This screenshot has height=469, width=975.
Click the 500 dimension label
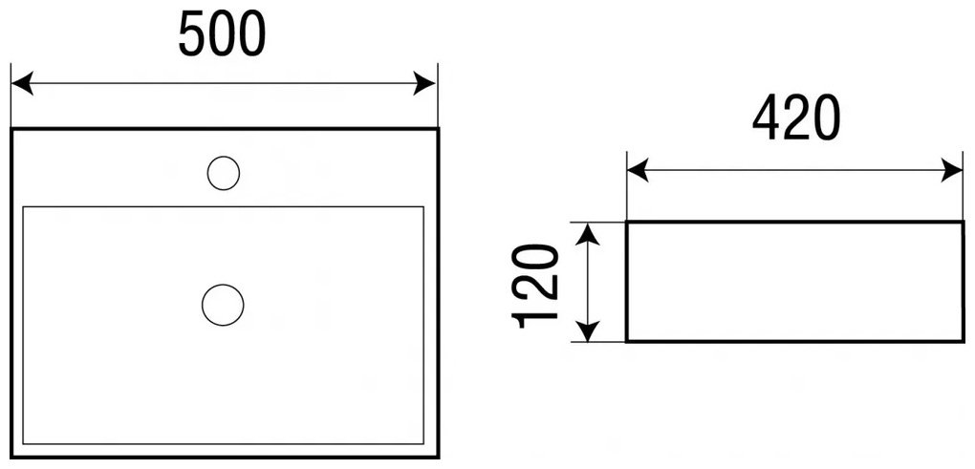point(222,34)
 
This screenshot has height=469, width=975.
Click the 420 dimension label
point(796,118)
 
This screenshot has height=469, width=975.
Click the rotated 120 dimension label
point(534,286)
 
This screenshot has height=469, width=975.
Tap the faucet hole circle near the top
point(224,173)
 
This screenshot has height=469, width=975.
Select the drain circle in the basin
point(223,305)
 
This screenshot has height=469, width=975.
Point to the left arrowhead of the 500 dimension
point(22,83)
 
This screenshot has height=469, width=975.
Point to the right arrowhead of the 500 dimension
point(424,83)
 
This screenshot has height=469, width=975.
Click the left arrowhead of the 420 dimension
point(638,170)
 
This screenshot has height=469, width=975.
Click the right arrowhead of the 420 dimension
point(951,170)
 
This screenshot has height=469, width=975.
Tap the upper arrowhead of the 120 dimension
point(588,234)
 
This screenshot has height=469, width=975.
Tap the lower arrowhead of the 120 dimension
point(588,330)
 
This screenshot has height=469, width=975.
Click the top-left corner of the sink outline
point(11,129)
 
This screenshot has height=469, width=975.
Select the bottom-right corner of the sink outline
point(439,458)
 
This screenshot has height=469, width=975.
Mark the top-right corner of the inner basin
point(423,207)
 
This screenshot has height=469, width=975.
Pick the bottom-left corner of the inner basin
point(23,444)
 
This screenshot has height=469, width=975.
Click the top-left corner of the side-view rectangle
point(627,222)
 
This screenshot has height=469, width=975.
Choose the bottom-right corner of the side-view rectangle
point(964,341)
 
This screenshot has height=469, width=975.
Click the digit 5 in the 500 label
point(192,34)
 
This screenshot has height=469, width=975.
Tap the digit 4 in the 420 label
point(767,118)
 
